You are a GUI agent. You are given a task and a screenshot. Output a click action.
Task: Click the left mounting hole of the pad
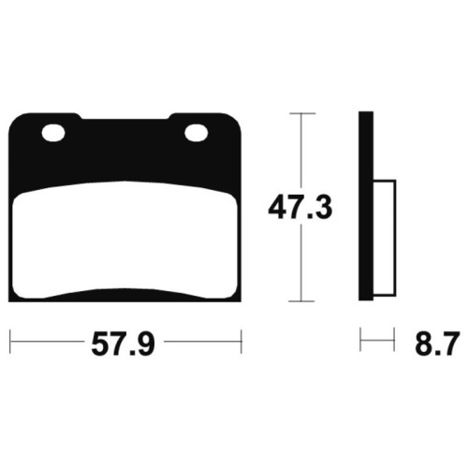(53, 133)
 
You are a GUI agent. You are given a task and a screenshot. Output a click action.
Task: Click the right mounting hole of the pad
(197, 133)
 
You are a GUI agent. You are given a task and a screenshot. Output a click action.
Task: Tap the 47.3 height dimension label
(300, 208)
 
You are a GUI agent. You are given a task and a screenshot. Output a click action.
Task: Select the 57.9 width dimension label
(123, 344)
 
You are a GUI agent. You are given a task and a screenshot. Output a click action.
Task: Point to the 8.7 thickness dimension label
(437, 344)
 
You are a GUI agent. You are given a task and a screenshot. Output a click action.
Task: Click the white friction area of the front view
(125, 241)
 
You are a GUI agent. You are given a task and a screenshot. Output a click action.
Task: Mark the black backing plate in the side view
(366, 206)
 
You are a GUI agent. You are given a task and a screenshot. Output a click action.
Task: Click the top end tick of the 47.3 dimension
(302, 113)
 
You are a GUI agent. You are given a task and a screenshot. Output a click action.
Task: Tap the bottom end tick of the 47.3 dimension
(301, 301)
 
